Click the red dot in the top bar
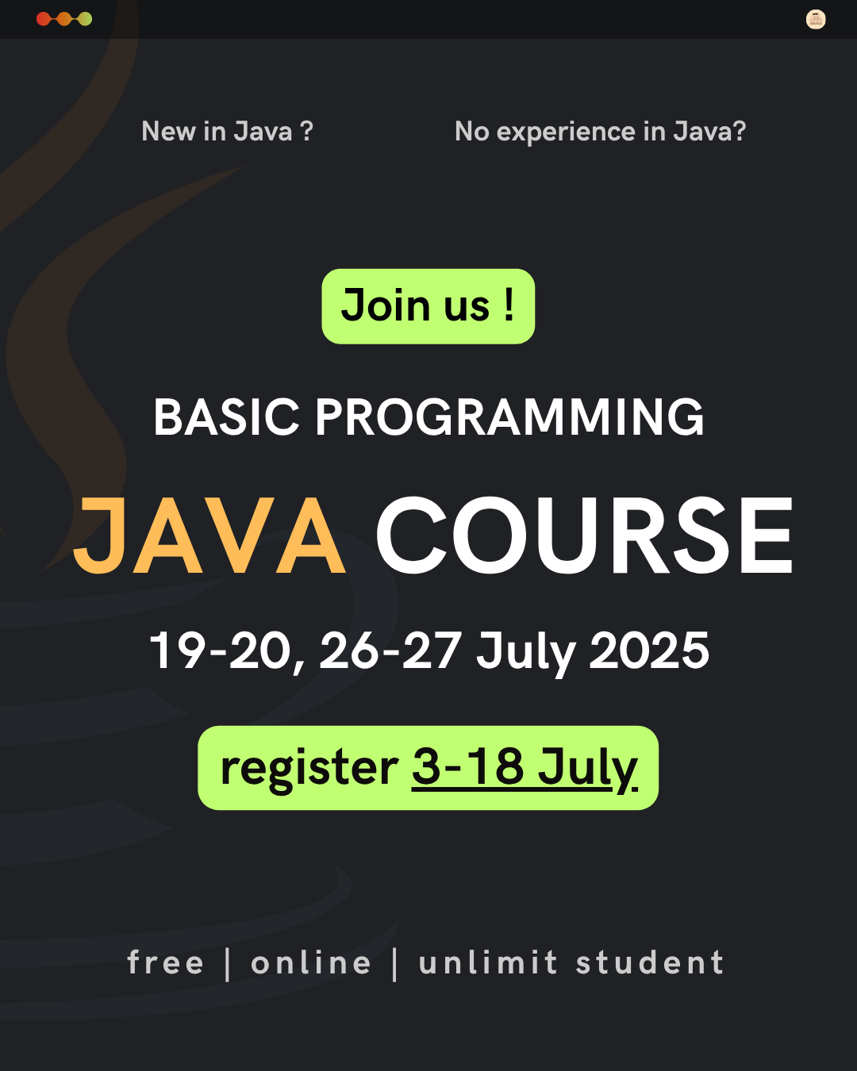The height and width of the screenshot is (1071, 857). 44,19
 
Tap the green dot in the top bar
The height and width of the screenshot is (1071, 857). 85,19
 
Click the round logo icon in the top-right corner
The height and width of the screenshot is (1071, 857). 816,19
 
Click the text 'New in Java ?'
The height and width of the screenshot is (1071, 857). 228,132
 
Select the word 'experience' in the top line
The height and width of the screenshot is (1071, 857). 567,132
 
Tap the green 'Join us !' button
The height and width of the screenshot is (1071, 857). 428,306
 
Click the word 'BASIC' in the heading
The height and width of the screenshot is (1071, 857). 227,417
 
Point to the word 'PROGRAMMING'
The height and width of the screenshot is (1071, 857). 510,417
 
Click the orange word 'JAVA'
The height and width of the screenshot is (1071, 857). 209,535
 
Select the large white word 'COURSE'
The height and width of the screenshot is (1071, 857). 584,535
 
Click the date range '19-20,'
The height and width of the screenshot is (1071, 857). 227,652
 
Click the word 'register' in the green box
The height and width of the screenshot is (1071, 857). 309,768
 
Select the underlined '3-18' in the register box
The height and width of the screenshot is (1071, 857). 467,766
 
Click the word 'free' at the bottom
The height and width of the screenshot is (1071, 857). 165,962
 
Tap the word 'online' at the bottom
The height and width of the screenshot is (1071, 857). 311,962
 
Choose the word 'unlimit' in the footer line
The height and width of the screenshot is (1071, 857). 487,962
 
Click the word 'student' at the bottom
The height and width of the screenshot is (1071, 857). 650,962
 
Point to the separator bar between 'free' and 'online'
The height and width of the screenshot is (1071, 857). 228,965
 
